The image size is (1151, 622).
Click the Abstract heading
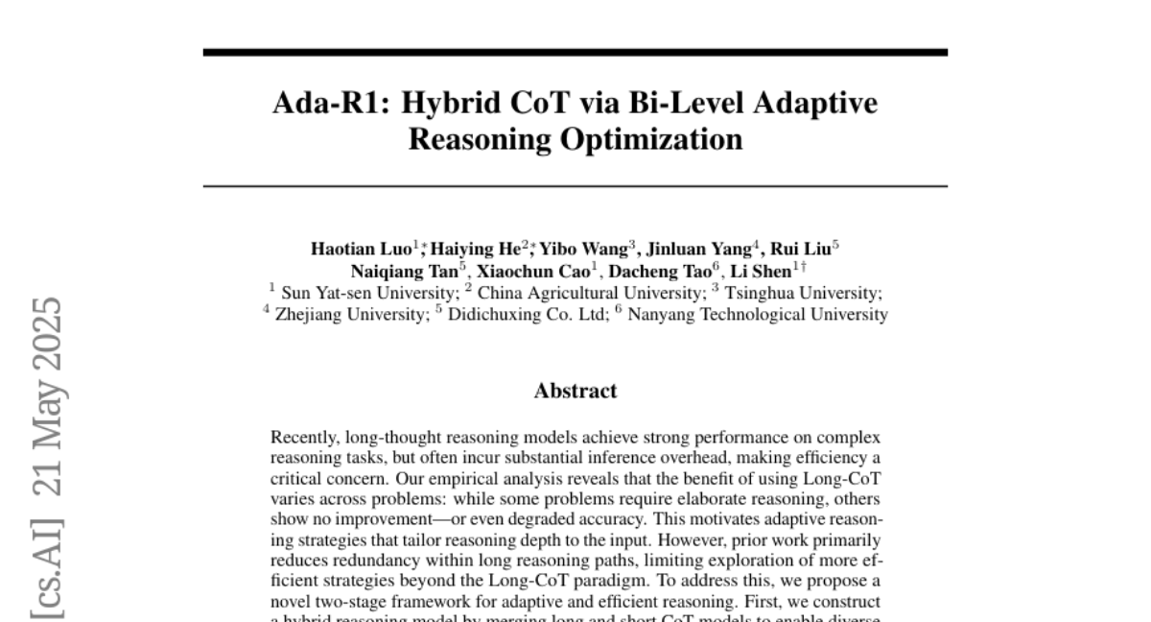click(x=575, y=391)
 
